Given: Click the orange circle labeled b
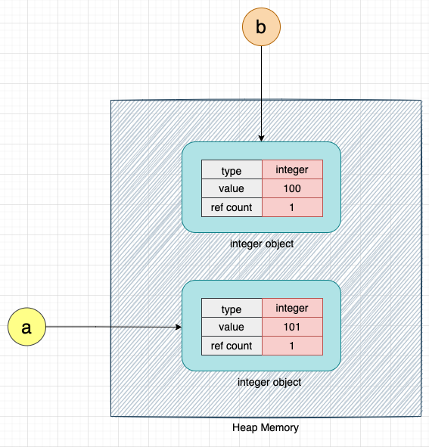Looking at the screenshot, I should pyautogui.click(x=261, y=27).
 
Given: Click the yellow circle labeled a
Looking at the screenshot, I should pyautogui.click(x=26, y=327).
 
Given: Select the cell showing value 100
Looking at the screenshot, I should pyautogui.click(x=292, y=189).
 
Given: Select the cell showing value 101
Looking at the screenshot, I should pyautogui.click(x=292, y=327).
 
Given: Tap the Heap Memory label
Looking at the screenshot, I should pyautogui.click(x=265, y=427).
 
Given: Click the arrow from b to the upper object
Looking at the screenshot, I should pyautogui.click(x=261, y=91).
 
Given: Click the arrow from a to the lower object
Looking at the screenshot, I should pyautogui.click(x=113, y=327).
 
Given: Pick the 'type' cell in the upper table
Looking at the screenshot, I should pyautogui.click(x=232, y=171).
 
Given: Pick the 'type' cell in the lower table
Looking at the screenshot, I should pyautogui.click(x=232, y=309).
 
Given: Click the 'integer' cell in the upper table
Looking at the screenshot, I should pyautogui.click(x=292, y=170).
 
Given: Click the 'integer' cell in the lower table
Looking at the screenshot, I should pyautogui.click(x=292, y=309).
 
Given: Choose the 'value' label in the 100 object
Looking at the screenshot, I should pyautogui.click(x=232, y=189).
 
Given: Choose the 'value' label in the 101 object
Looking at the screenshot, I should pyautogui.click(x=232, y=327).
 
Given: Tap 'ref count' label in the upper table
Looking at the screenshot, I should pyautogui.click(x=232, y=207).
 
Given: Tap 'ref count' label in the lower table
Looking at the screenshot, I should pyautogui.click(x=232, y=346).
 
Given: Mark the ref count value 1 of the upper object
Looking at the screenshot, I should pyautogui.click(x=292, y=207).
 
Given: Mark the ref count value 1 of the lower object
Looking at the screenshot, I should pyautogui.click(x=292, y=346).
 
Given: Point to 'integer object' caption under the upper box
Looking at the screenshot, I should pyautogui.click(x=262, y=244).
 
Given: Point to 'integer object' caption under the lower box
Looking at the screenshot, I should pyautogui.click(x=269, y=382).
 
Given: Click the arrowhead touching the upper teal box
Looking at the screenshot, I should pyautogui.click(x=261, y=138).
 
